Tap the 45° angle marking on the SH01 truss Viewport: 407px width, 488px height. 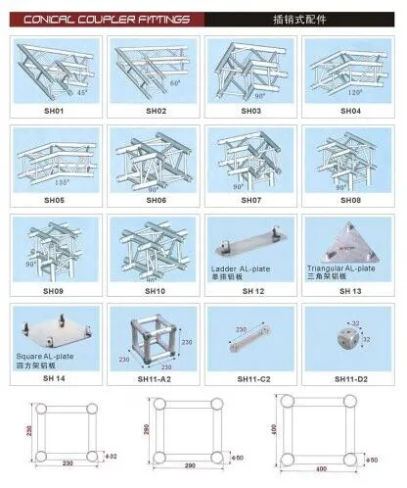81,92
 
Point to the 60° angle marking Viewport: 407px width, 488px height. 177,84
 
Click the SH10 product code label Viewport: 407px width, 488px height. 155,290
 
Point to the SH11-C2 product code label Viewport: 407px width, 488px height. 251,378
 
